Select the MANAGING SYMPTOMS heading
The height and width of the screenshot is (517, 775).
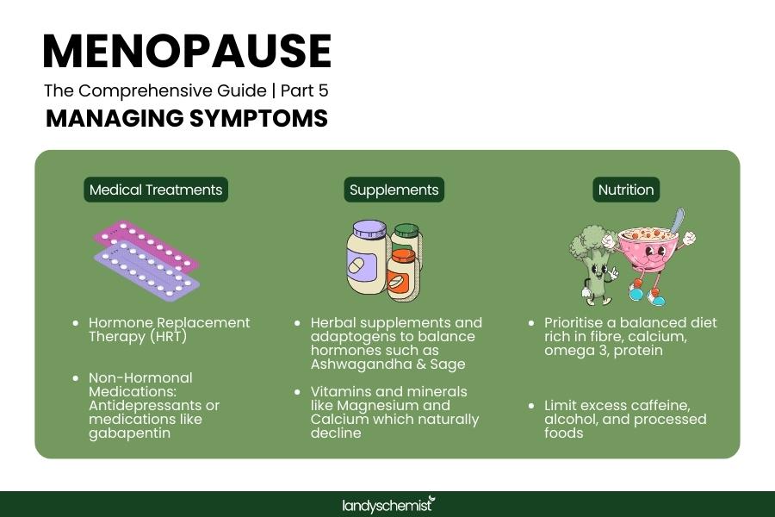(186, 118)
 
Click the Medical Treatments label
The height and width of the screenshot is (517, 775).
(156, 190)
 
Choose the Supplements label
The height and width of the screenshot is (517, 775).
(394, 190)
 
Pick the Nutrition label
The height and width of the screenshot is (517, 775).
(626, 190)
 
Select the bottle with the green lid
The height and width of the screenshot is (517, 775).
(405, 236)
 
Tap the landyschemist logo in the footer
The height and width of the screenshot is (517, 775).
(387, 504)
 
